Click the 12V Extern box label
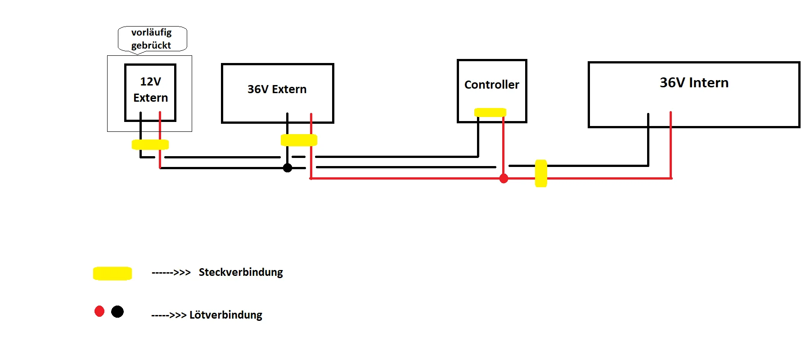(150, 90)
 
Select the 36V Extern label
(277, 89)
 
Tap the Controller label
(491, 85)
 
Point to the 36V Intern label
(694, 83)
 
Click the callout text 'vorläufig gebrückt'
(151, 39)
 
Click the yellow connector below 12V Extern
(150, 144)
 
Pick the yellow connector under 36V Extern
(299, 140)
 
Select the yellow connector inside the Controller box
(490, 112)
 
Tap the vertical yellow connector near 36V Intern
(541, 173)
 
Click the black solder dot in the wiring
(288, 168)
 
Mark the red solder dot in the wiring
(504, 179)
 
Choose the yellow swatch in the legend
(112, 273)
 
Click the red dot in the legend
(99, 311)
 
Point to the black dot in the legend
(117, 311)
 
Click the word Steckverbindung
(241, 272)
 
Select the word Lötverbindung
(225, 315)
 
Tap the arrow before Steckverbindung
(171, 273)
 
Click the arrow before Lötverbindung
(169, 315)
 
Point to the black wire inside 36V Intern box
(648, 120)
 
